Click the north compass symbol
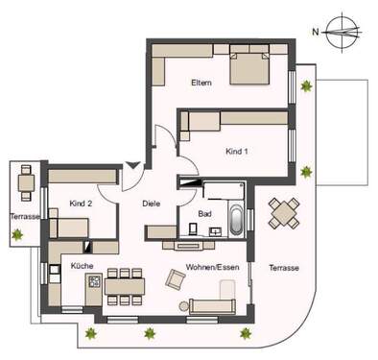341,29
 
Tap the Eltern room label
201,83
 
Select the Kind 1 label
236,153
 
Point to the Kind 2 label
81,204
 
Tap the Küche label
83,264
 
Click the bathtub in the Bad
234,220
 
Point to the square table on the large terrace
283,212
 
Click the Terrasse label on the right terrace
285,267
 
